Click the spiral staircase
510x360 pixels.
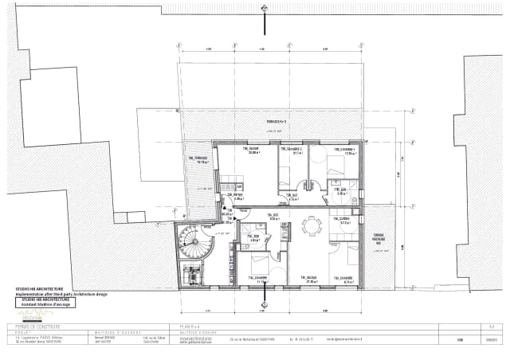192,237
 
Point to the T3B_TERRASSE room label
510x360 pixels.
198,159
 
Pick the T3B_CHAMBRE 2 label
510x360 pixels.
292,149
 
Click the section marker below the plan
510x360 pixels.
261,301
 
